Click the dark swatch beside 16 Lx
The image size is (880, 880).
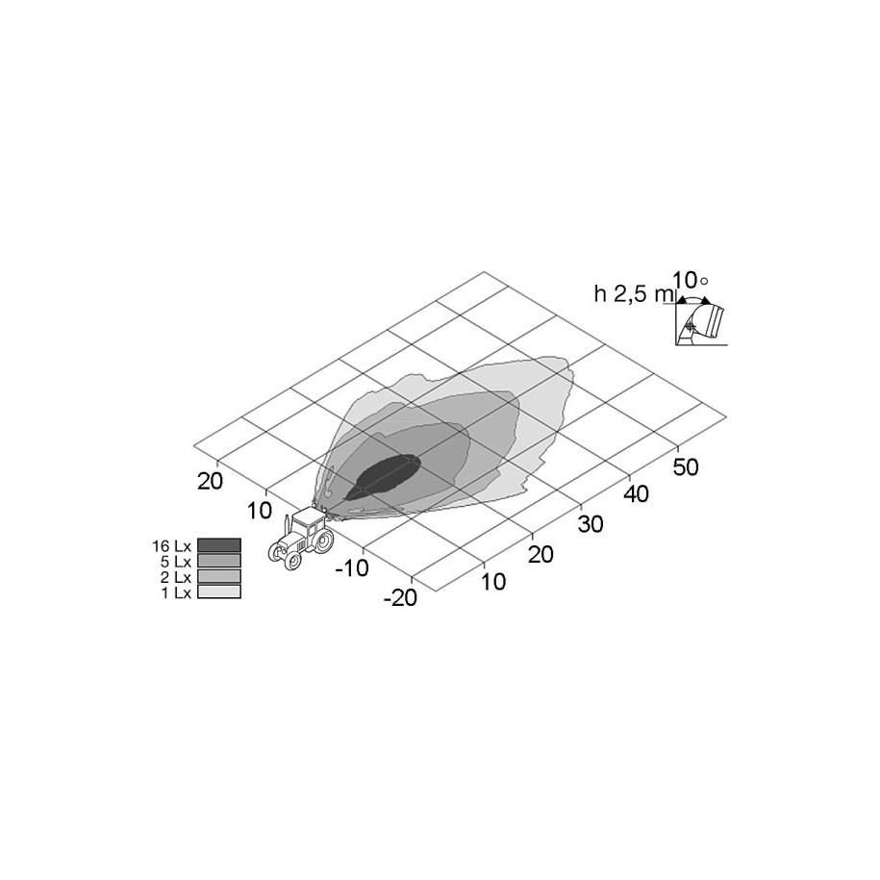(219, 545)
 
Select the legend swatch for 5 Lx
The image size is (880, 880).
(219, 561)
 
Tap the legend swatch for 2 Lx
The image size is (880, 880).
(219, 576)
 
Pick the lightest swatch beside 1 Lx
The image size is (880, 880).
(219, 591)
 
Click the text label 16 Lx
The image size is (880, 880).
(172, 545)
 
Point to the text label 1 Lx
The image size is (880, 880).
(176, 592)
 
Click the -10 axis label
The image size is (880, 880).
(352, 568)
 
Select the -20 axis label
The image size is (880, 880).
(400, 597)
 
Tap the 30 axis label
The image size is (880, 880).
(591, 524)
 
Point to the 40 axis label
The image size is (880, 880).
(637, 494)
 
